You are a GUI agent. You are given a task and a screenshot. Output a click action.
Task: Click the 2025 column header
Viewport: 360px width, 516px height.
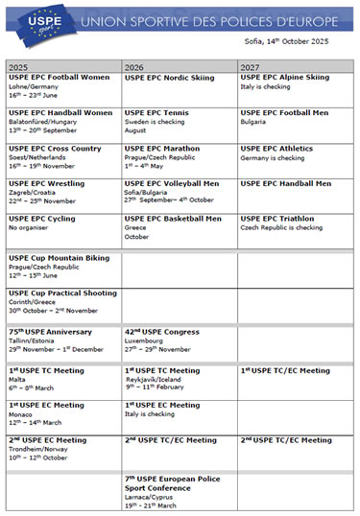[x=18, y=67]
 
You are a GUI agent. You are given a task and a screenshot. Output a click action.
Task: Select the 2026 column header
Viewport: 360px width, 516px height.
[x=134, y=67]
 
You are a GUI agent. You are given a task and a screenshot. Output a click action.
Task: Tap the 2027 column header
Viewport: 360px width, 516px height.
[x=251, y=67]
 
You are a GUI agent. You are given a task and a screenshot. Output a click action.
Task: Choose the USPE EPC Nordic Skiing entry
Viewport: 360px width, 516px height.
[x=169, y=78]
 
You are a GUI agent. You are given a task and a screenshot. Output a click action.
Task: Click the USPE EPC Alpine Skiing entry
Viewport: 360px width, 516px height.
[x=284, y=78]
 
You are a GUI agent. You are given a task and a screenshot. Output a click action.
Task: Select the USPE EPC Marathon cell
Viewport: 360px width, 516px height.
[x=162, y=149]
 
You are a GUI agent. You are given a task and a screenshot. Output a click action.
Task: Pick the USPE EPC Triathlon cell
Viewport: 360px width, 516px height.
[x=278, y=219]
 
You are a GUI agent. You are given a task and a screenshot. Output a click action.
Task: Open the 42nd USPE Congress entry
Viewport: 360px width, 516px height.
[x=162, y=332]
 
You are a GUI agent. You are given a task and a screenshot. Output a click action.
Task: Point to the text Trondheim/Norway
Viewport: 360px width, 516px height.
[x=41, y=449]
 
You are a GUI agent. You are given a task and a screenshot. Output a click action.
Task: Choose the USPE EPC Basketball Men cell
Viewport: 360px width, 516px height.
[x=172, y=219]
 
